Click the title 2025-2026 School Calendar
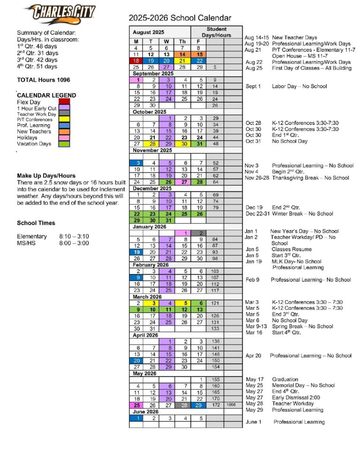180,18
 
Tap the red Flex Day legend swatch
64,102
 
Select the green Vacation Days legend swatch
64,144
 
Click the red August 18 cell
136,61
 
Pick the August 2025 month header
148,32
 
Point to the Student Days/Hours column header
217,32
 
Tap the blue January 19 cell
136,252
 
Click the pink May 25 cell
136,405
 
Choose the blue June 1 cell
136,418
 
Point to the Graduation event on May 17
285,379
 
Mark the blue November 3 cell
136,162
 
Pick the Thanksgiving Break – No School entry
310,178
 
